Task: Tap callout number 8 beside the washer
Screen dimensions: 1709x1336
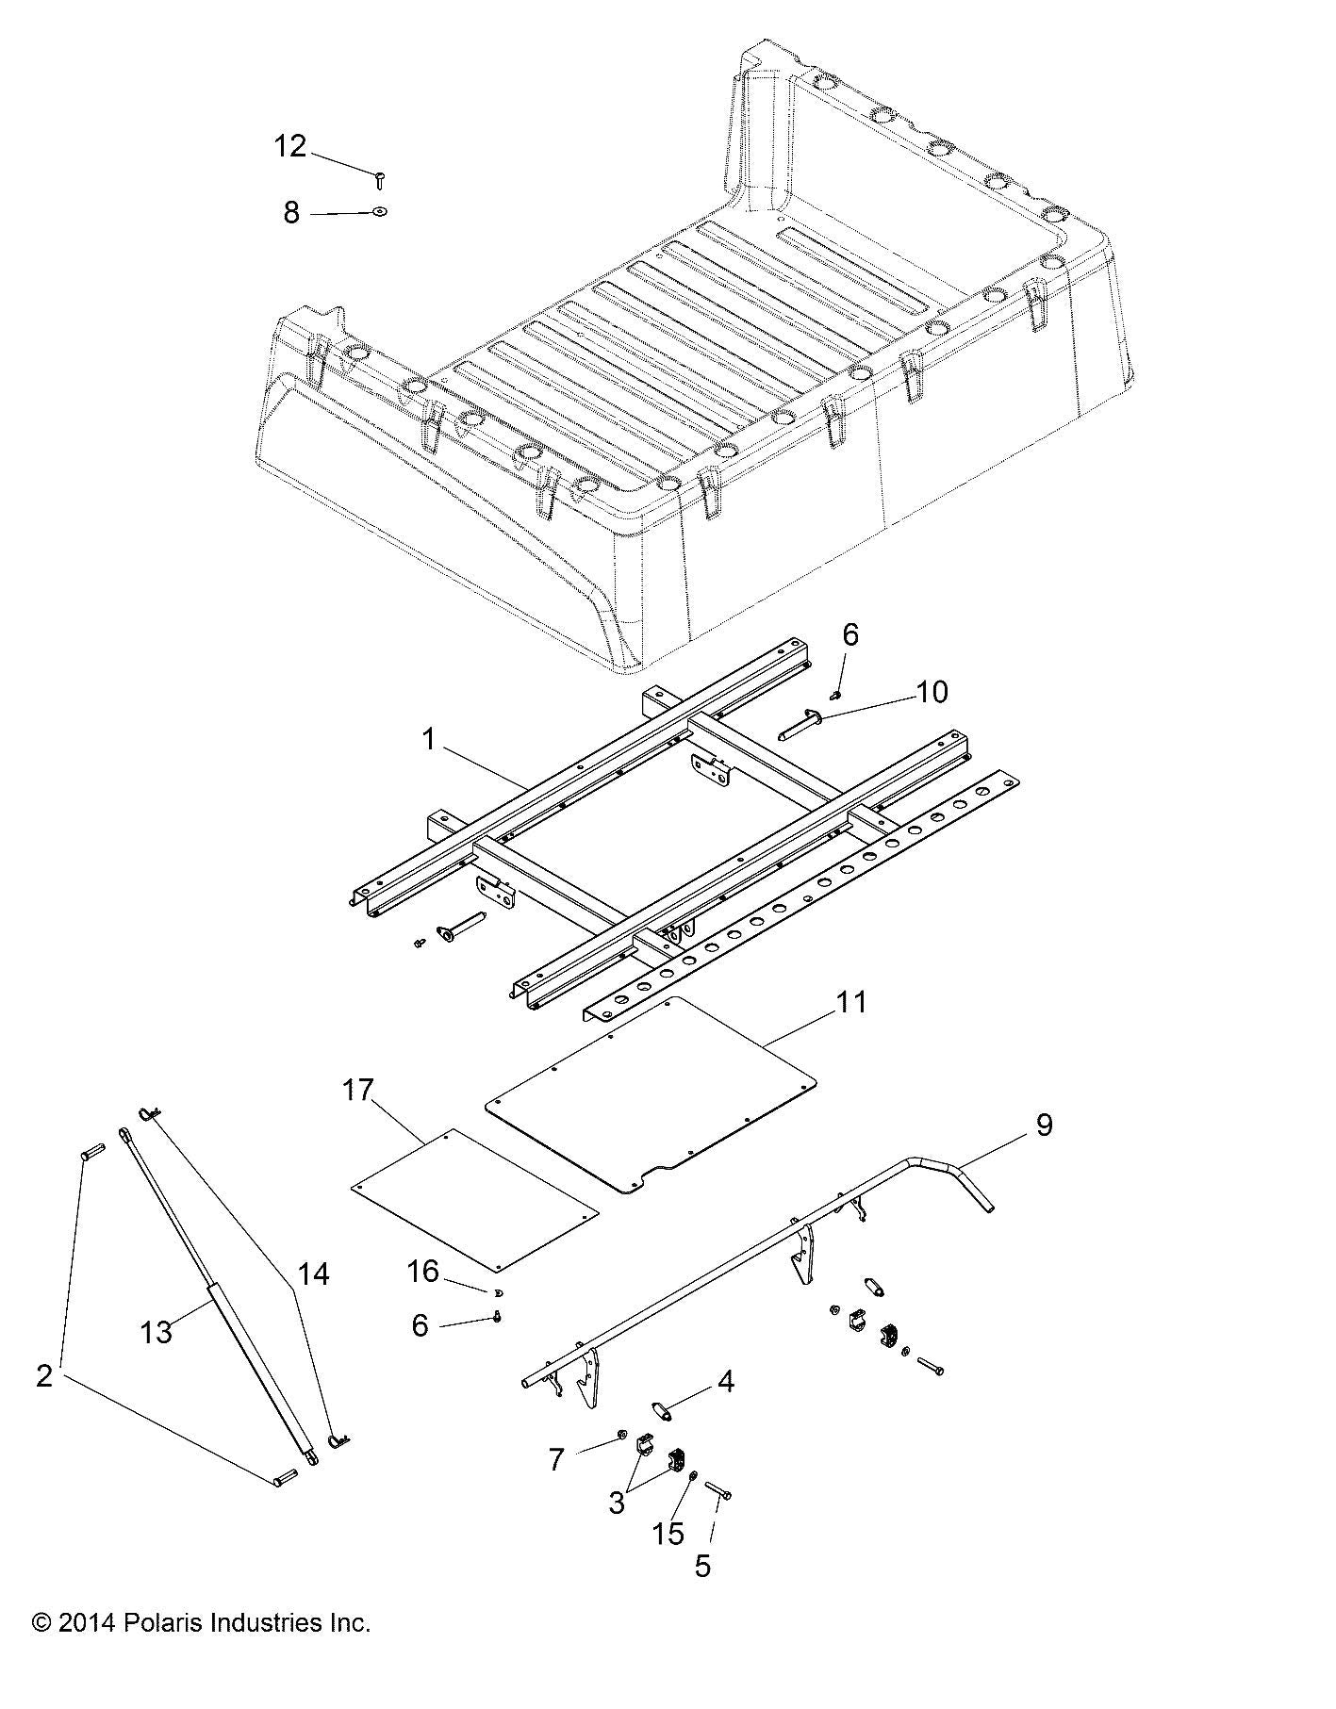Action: pyautogui.click(x=291, y=213)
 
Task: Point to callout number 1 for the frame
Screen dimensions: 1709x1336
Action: pyautogui.click(x=429, y=740)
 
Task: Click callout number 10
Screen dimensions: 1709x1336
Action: pyautogui.click(x=932, y=692)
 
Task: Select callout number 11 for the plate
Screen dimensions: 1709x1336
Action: pyautogui.click(x=850, y=1002)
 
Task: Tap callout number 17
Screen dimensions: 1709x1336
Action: pyautogui.click(x=358, y=1091)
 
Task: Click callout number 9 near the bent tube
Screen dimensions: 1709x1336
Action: pyautogui.click(x=1044, y=1125)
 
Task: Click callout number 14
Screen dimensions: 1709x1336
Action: pyautogui.click(x=314, y=1274)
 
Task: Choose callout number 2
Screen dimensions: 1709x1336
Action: pyautogui.click(x=43, y=1376)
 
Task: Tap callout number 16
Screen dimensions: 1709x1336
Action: pyautogui.click(x=423, y=1272)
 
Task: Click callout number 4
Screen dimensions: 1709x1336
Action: pyautogui.click(x=724, y=1382)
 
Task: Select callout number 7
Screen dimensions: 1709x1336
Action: pyautogui.click(x=556, y=1460)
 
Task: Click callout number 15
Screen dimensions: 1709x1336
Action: pyautogui.click(x=668, y=1534)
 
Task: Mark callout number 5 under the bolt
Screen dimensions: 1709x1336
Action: pyautogui.click(x=702, y=1567)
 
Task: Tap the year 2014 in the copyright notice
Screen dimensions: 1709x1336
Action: pyautogui.click(x=86, y=1624)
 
